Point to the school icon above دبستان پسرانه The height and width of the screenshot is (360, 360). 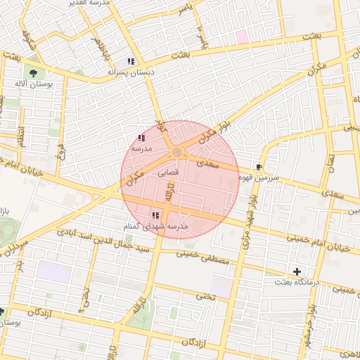click(131, 61)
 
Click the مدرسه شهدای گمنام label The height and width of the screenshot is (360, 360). click(155, 226)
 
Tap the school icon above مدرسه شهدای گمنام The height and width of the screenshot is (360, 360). click(155, 215)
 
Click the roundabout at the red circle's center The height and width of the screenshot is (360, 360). click(177, 153)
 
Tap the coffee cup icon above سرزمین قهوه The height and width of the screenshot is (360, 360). click(259, 167)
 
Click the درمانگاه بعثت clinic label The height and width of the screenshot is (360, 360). click(297, 282)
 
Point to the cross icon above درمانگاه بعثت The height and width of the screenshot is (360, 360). click(297, 271)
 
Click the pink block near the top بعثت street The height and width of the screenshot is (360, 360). click(241, 37)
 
